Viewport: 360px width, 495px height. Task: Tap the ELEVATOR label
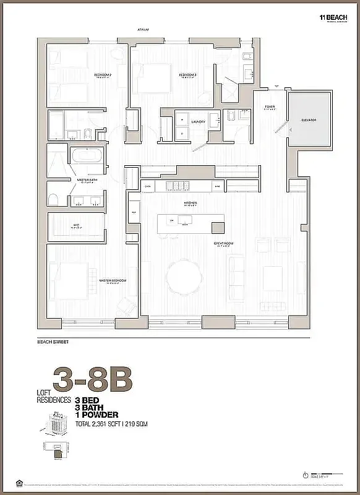click(x=309, y=119)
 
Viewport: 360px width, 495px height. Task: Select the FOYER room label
click(x=270, y=107)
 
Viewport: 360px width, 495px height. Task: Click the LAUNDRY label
click(x=198, y=122)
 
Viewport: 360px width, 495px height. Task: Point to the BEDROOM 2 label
click(x=102, y=75)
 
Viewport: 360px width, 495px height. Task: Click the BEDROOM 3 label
click(x=187, y=75)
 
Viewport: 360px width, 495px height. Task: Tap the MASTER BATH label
click(x=85, y=181)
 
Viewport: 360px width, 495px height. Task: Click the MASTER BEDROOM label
click(x=113, y=280)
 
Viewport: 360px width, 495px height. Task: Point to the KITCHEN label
click(x=190, y=203)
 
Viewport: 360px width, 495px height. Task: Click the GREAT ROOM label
click(x=223, y=244)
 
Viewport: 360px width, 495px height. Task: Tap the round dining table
click(x=184, y=273)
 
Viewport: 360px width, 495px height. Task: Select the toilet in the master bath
click(x=54, y=199)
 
